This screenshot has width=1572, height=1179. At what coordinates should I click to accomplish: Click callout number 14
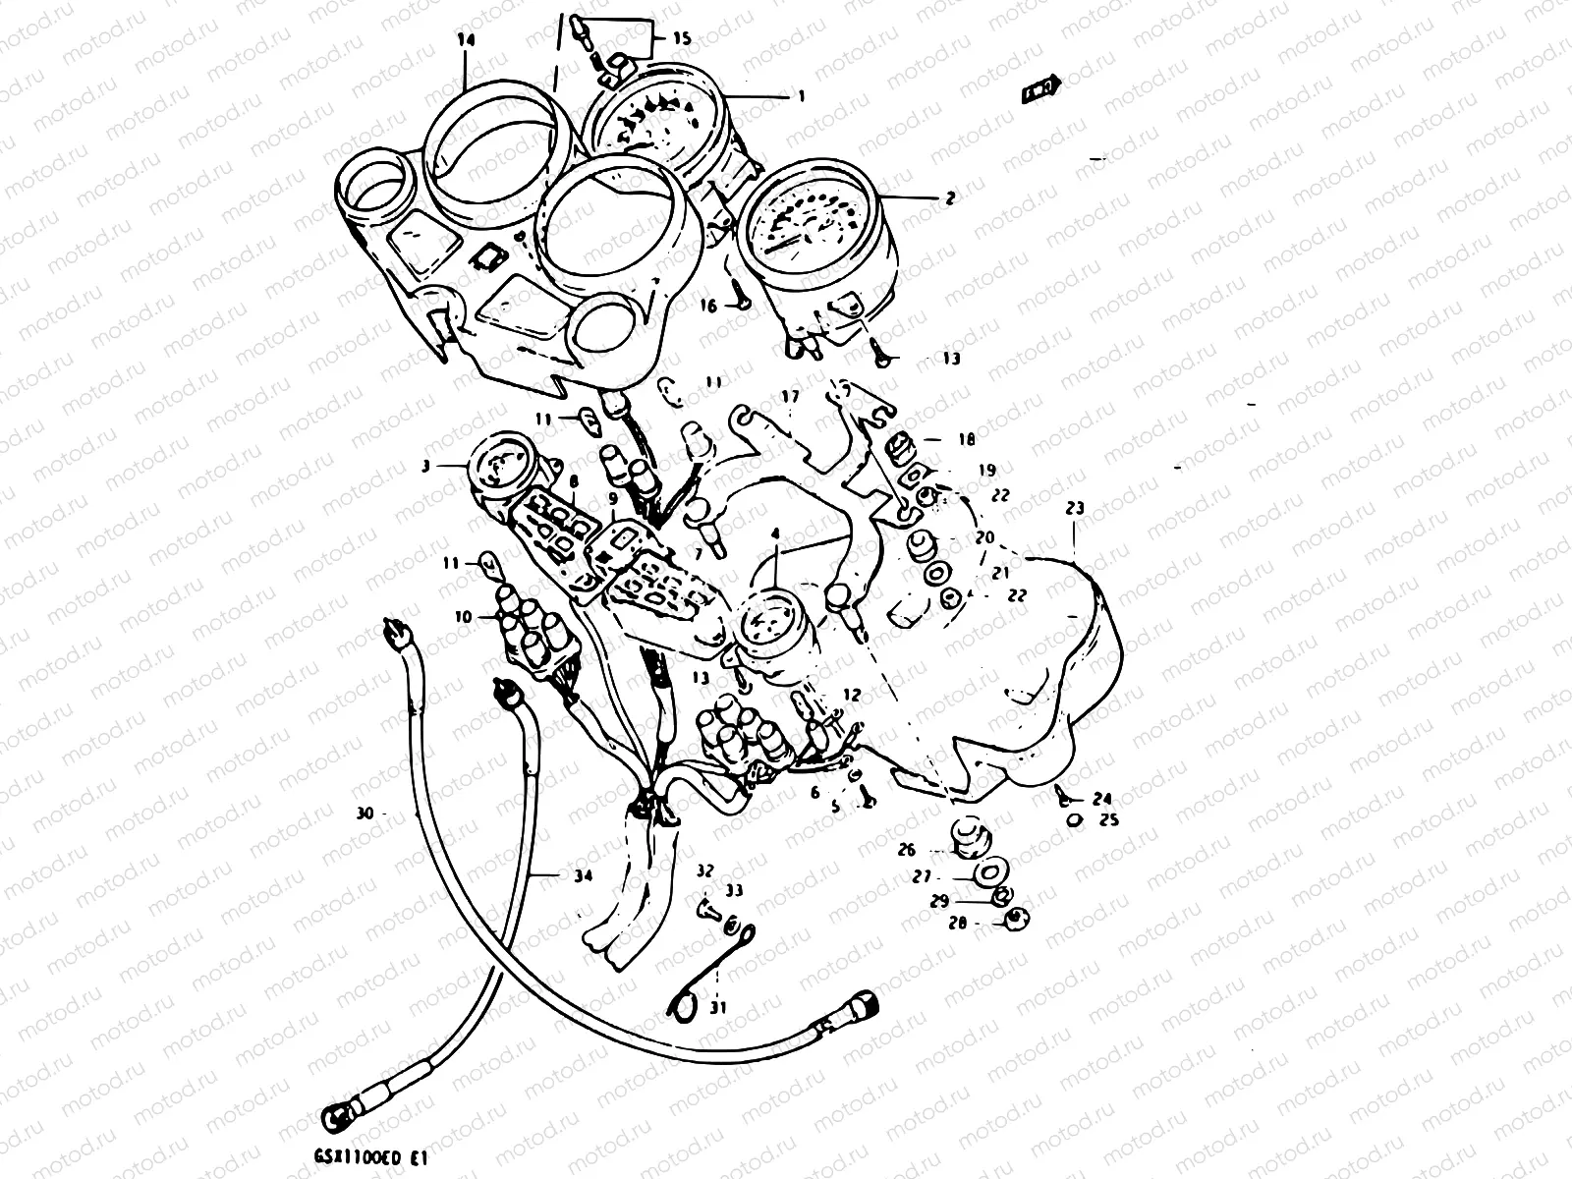coord(466,40)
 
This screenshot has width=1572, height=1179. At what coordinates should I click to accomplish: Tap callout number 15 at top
coord(681,39)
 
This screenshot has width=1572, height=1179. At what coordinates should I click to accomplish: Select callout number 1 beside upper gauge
coord(801,96)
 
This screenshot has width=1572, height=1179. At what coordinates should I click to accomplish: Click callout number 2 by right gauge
coord(949,197)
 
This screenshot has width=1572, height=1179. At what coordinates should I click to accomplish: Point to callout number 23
coord(1074,508)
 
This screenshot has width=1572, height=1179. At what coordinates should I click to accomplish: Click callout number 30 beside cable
coord(365,814)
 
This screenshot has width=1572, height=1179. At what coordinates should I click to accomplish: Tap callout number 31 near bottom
coord(718,1006)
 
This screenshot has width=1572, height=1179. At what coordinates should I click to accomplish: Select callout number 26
coord(906,850)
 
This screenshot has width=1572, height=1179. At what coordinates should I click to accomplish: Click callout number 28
coord(957,924)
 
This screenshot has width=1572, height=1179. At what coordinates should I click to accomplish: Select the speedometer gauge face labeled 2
coord(812,228)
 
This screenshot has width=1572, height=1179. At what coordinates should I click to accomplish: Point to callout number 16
coord(708,306)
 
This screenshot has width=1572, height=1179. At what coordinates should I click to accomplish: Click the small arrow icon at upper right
coord(1039,89)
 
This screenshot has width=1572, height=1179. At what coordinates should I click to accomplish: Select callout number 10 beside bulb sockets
coord(463,617)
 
